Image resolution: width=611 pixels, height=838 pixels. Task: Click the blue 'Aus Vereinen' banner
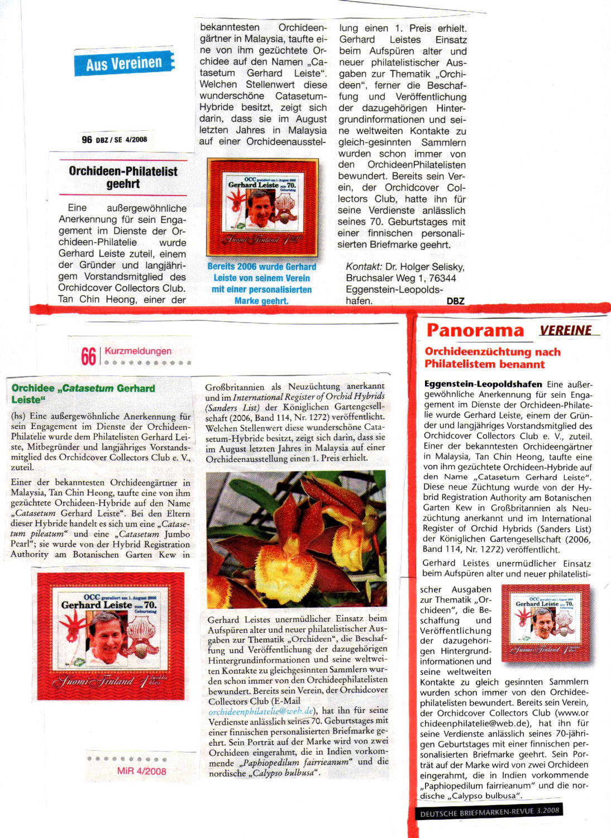(x=124, y=63)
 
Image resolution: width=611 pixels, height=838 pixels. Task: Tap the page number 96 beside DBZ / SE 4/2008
(x=87, y=140)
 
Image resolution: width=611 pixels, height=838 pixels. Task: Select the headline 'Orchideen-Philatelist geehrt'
(x=123, y=178)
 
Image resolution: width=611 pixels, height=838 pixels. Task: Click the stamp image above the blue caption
(x=262, y=207)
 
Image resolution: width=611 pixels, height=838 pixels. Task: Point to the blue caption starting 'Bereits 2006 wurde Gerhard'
(x=262, y=284)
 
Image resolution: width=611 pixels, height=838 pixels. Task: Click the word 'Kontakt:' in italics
(x=364, y=267)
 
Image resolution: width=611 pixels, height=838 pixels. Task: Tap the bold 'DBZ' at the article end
(x=455, y=301)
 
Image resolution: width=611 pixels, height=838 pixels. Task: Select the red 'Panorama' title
(x=475, y=331)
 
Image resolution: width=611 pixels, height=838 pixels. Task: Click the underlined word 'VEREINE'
(x=566, y=331)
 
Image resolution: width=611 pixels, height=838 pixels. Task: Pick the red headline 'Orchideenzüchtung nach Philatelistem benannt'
(x=492, y=358)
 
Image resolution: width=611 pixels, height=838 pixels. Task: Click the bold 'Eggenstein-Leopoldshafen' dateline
(x=483, y=384)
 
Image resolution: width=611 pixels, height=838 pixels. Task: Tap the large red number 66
(x=88, y=356)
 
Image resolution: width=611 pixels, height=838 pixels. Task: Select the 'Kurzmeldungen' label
(x=138, y=351)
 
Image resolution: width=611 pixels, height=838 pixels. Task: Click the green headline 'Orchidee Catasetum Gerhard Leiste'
(x=83, y=394)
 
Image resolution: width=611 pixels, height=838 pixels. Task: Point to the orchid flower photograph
(x=296, y=539)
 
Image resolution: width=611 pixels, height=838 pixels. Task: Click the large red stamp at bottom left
(x=111, y=636)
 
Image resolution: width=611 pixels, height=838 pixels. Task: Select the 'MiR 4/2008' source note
(x=141, y=772)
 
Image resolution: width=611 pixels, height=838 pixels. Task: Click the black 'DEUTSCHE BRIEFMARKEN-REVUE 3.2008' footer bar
(x=489, y=812)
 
